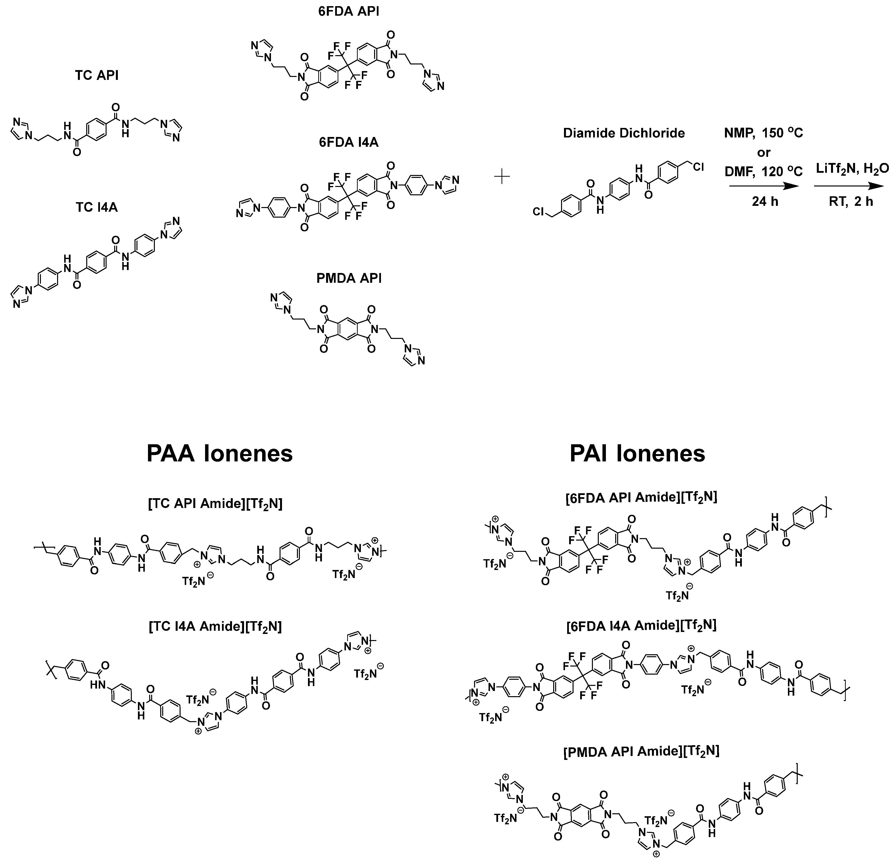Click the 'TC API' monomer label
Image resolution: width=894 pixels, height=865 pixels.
pyautogui.click(x=97, y=75)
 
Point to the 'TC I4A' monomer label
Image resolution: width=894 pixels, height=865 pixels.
pyautogui.click(x=97, y=207)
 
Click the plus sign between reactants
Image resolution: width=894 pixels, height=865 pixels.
pyautogui.click(x=502, y=177)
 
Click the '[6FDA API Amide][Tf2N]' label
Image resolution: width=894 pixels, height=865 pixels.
pyautogui.click(x=641, y=497)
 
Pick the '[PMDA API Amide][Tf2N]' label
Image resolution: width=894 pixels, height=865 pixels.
pyautogui.click(x=641, y=751)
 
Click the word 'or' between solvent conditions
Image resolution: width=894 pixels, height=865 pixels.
pyautogui.click(x=764, y=152)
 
